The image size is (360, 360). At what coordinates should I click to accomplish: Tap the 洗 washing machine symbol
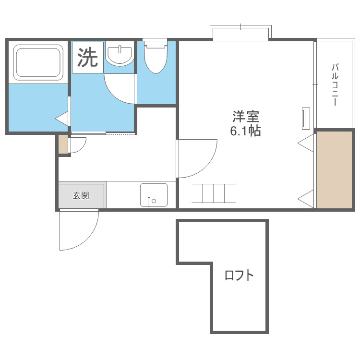coord(87,58)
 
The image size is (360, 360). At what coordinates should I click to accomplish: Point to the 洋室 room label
coord(246,117)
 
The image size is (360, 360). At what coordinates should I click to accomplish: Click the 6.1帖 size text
coord(246,131)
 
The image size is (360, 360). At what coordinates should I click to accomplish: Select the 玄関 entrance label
coord(81,195)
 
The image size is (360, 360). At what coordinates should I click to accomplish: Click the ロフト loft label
coord(239,276)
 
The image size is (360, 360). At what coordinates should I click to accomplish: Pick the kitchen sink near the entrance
coord(154,194)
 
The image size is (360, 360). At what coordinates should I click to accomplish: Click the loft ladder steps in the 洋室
coord(214,193)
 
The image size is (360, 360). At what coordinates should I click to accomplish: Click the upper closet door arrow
coord(307,142)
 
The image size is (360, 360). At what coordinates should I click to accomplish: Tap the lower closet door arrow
coord(307,197)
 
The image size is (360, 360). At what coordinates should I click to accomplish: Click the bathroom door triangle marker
coord(62,118)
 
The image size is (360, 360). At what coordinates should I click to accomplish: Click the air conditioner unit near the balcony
coord(305,118)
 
